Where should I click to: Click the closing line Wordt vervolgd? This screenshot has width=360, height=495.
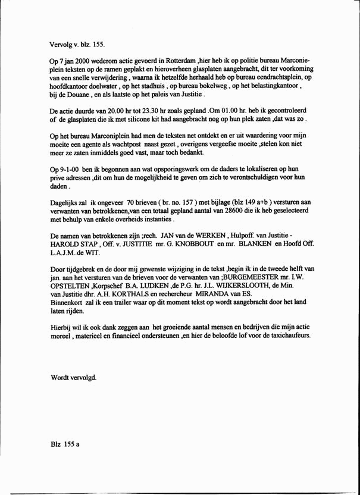click(73, 378)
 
